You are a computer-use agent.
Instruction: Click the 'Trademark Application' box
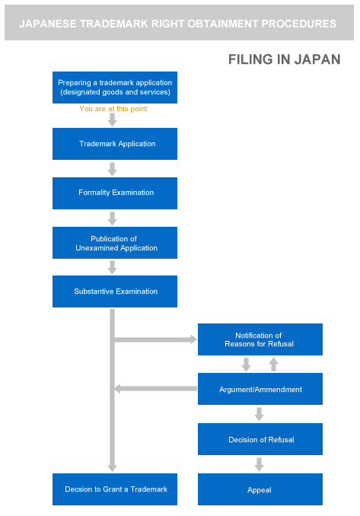[x=115, y=144]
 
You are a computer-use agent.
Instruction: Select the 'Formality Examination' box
[x=115, y=193]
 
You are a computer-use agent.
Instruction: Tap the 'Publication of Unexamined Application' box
[x=115, y=243]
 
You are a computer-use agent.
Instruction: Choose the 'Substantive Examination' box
[x=115, y=291]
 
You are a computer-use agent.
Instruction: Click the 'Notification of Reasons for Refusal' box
[x=260, y=339]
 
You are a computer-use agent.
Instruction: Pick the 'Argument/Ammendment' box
[x=260, y=389]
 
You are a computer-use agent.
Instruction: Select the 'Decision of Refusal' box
[x=260, y=439]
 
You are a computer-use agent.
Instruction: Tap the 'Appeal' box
[x=260, y=489]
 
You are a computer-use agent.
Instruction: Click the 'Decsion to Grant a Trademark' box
[x=115, y=489]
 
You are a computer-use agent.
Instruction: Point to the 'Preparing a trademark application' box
[x=115, y=88]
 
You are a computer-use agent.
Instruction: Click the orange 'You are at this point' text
[x=113, y=109]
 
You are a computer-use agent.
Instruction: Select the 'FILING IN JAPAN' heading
[x=285, y=59]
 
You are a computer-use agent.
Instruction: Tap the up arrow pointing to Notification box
[x=273, y=365]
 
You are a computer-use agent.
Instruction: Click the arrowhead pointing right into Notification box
[x=193, y=339]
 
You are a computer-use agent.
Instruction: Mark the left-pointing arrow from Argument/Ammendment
[x=155, y=389]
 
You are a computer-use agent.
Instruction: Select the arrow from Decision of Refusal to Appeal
[x=260, y=464]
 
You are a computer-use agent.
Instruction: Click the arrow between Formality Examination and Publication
[x=112, y=218]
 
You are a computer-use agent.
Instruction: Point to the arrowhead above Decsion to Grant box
[x=112, y=468]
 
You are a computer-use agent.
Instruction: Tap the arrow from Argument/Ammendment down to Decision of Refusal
[x=260, y=414]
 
